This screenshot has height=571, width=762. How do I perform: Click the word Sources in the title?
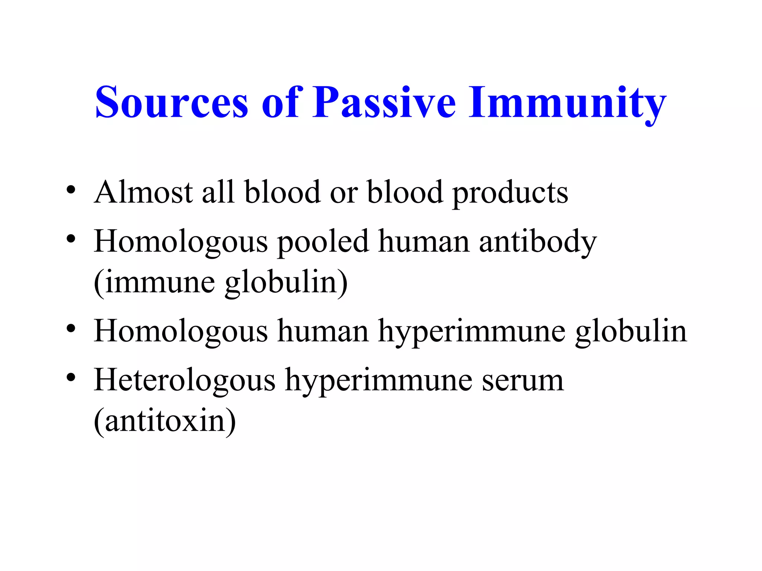pos(172,102)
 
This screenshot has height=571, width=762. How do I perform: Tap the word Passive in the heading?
pos(384,102)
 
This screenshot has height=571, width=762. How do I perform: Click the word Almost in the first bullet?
pos(143,192)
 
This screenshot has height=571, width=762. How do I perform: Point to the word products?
pos(510,194)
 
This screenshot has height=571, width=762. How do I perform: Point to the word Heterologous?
pos(185,381)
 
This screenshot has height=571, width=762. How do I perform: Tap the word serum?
pos(523,381)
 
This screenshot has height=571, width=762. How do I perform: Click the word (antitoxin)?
pos(165,422)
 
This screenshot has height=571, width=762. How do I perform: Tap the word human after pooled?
pos(424,242)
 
